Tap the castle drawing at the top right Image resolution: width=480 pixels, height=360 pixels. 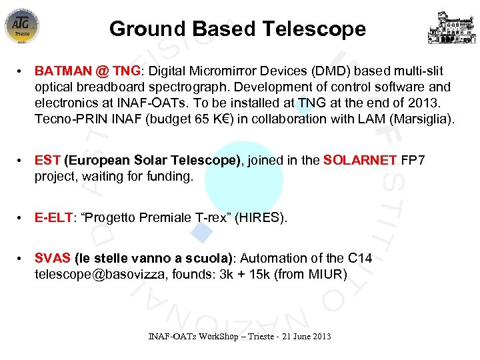click(451, 27)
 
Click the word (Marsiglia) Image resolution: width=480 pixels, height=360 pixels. click(421, 119)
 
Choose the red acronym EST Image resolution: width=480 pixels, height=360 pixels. click(47, 160)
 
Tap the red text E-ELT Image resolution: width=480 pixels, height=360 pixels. click(53, 217)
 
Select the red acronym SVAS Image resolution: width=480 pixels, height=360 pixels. click(53, 258)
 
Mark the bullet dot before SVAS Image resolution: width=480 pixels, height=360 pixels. click(22, 258)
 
